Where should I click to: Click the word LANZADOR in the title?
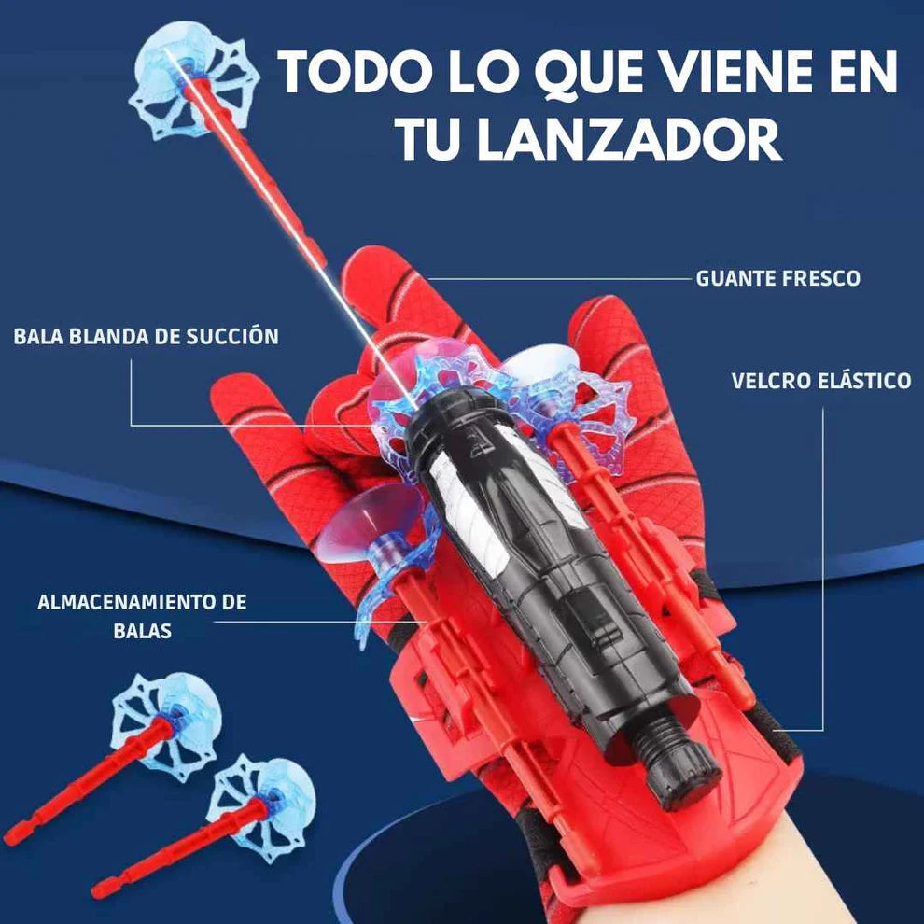(628, 139)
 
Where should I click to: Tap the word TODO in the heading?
(355, 71)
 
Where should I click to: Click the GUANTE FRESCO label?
(777, 278)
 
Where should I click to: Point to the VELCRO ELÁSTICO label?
(821, 381)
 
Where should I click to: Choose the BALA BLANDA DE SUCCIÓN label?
(147, 336)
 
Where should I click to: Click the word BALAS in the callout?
(142, 631)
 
